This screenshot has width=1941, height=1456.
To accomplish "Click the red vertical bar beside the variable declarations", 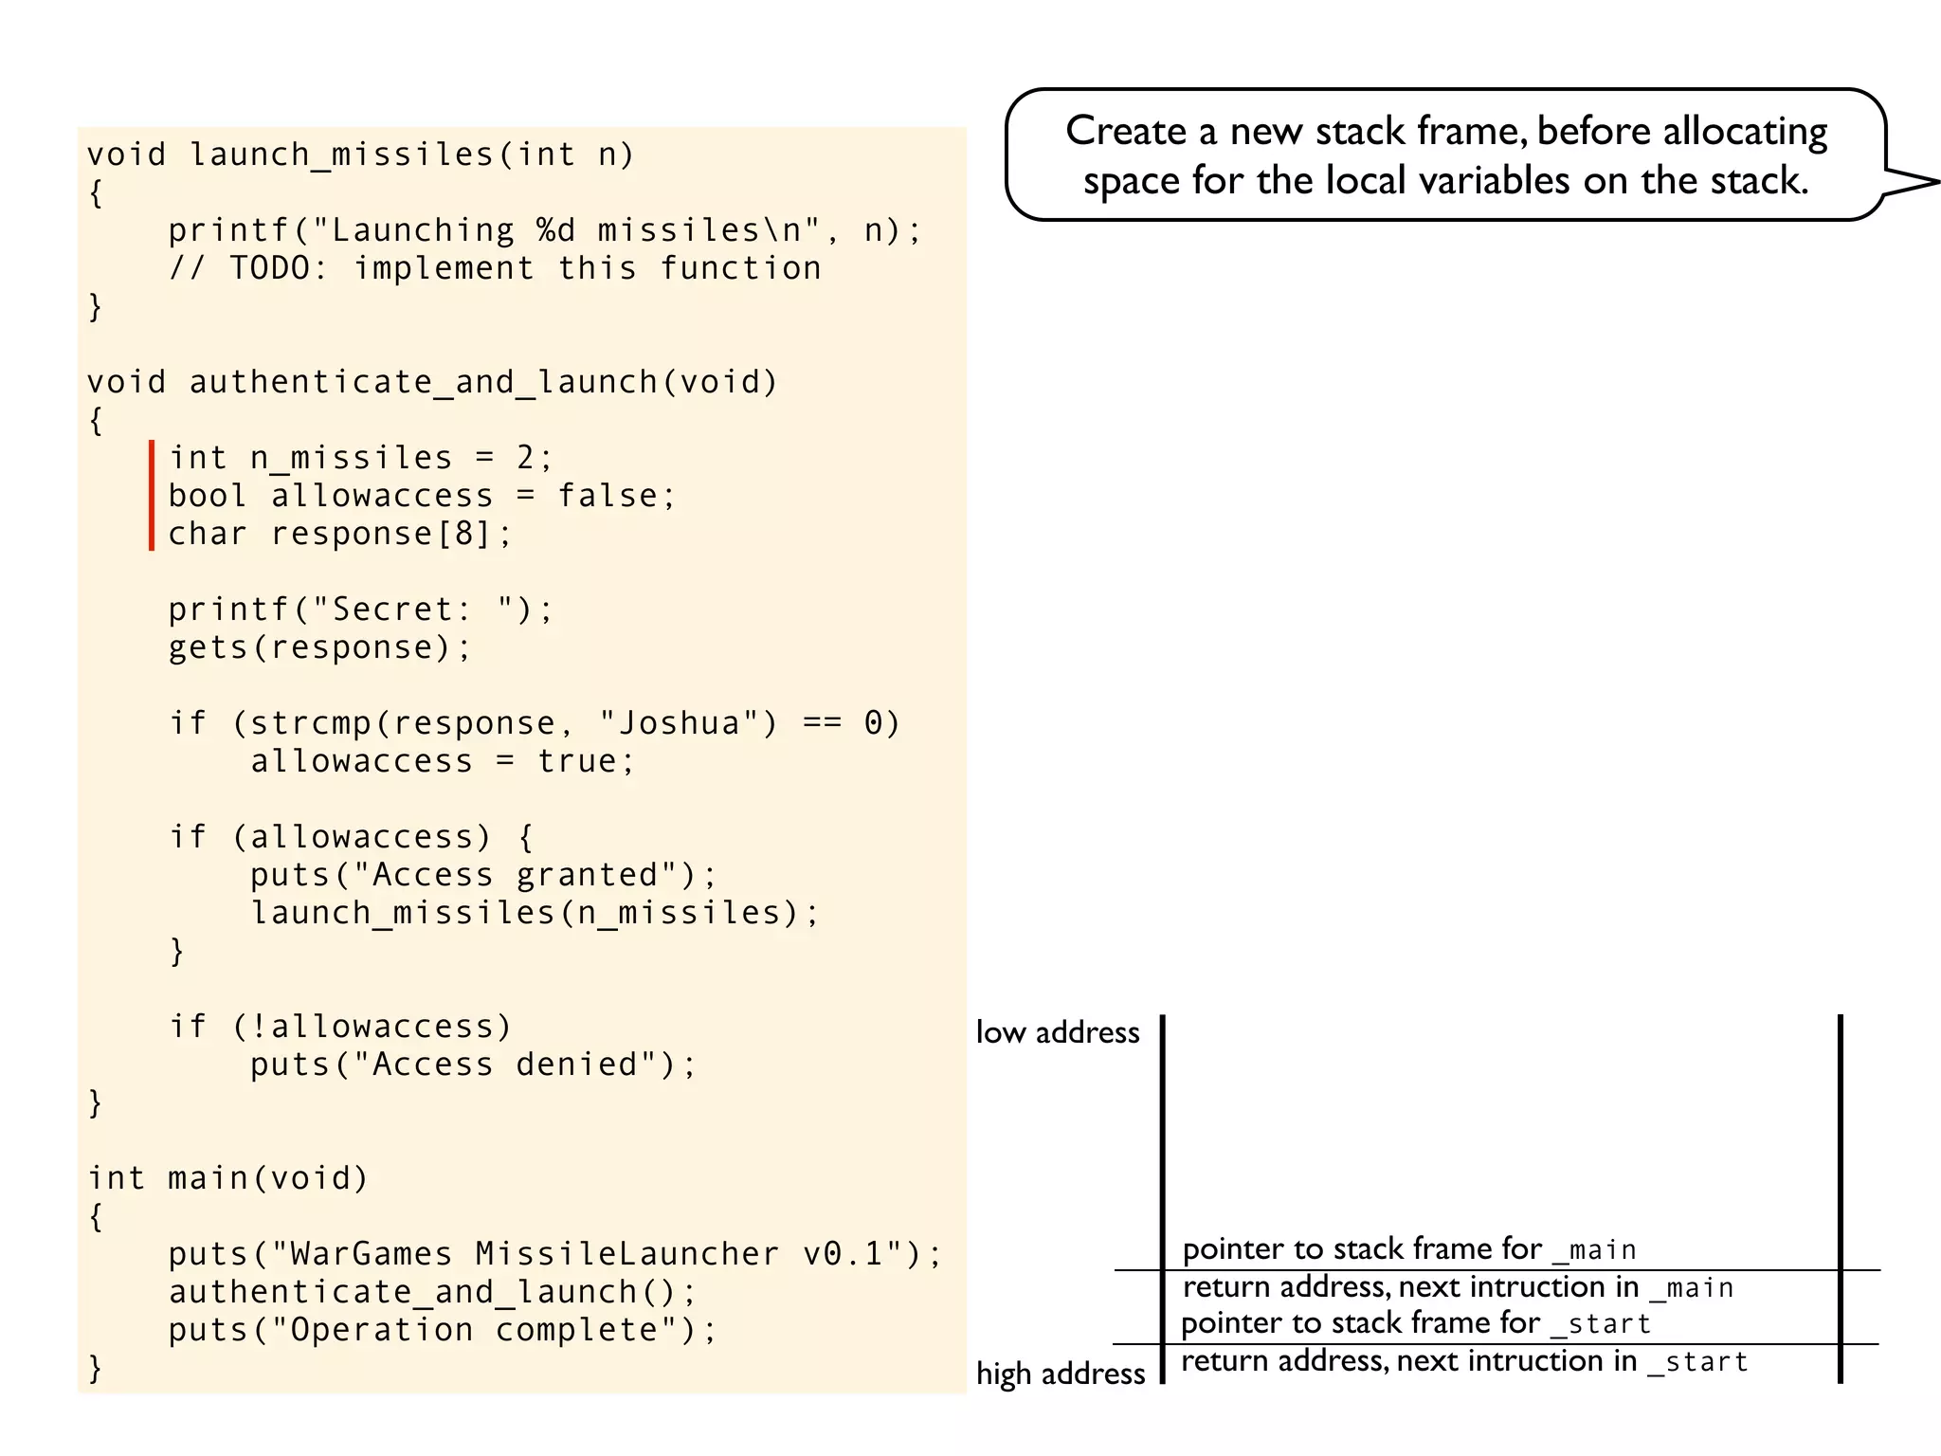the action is click(x=152, y=495).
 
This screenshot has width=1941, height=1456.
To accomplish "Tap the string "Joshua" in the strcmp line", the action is click(x=679, y=723).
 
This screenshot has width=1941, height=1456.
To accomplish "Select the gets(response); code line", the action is click(x=319, y=647).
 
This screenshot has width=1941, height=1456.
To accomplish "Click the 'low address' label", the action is click(x=1058, y=1032).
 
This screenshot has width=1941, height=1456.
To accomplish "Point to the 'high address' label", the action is click(x=1061, y=1374).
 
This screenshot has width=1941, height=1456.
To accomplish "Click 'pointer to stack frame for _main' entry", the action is click(x=1409, y=1249).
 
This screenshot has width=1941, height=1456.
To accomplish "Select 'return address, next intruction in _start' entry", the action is click(x=1464, y=1361).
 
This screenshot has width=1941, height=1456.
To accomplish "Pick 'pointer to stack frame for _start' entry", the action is click(x=1416, y=1323).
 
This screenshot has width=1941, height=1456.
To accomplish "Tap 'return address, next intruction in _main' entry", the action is click(x=1458, y=1287).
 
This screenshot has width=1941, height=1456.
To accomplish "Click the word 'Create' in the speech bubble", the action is click(x=1125, y=131).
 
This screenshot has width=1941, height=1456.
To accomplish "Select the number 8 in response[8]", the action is click(x=463, y=534).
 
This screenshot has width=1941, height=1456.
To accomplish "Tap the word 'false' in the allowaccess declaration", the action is click(x=607, y=496).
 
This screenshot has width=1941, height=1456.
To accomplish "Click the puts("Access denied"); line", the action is click(x=473, y=1065).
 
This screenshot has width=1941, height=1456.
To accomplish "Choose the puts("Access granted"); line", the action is click(x=483, y=875).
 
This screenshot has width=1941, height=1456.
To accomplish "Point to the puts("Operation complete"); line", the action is click(x=443, y=1330).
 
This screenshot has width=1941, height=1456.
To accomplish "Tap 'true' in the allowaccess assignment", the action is click(x=576, y=761).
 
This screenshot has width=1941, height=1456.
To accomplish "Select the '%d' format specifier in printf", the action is click(x=555, y=230).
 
